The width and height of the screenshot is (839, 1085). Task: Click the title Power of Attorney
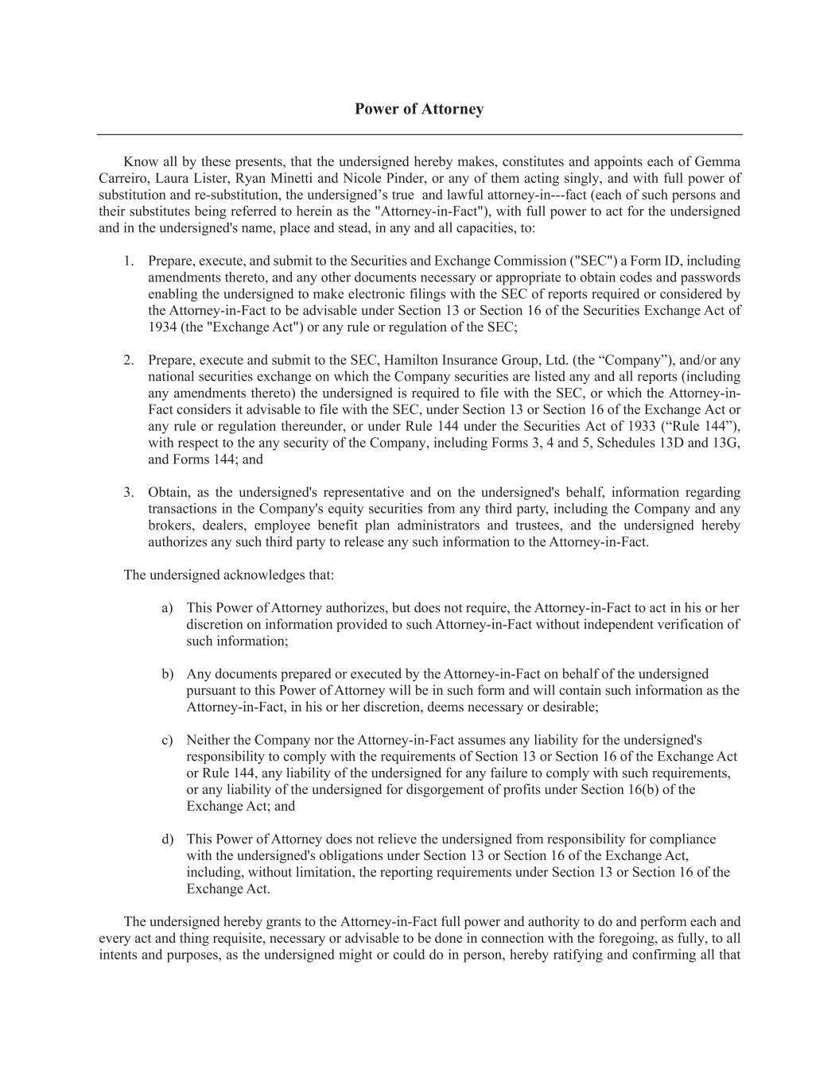(x=419, y=109)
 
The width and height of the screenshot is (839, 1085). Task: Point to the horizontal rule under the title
(x=419, y=134)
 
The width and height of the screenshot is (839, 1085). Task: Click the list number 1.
(x=128, y=261)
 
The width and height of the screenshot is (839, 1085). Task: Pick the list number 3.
(x=128, y=492)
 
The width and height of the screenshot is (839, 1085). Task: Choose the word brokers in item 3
(x=169, y=525)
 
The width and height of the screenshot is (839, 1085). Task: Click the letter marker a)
(x=167, y=608)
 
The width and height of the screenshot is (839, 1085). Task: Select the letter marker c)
(x=167, y=740)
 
